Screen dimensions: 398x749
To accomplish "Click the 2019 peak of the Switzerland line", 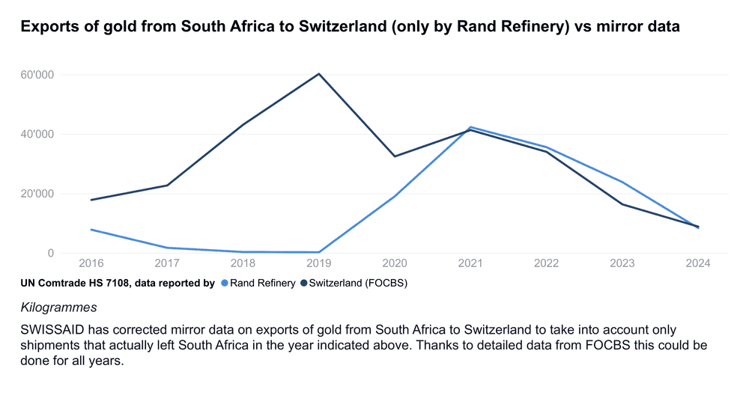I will [319, 73].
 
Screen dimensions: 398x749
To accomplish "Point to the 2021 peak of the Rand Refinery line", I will [470, 127].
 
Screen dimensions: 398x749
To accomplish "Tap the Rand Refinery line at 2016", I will [91, 230].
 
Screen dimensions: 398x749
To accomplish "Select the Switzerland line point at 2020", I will [395, 156].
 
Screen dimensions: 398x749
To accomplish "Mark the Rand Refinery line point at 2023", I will [622, 182].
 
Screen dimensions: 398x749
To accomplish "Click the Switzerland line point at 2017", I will [167, 186].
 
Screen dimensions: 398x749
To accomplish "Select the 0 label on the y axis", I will [50, 253].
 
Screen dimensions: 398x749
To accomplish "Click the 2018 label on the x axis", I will [243, 264].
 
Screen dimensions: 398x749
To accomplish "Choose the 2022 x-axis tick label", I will [546, 264].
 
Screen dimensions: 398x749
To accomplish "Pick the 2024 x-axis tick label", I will [697, 264].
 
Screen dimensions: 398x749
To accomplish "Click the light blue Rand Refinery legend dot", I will [224, 284].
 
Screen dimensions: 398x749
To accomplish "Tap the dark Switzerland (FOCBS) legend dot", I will [304, 284].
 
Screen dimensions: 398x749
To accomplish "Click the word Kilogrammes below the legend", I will [58, 307].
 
